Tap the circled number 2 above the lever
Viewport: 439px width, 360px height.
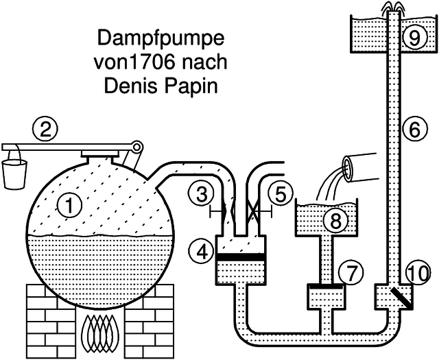click(x=46, y=129)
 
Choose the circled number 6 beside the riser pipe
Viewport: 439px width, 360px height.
click(x=412, y=128)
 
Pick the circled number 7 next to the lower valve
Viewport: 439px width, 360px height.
click(x=351, y=273)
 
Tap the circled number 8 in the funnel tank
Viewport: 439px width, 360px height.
click(x=335, y=220)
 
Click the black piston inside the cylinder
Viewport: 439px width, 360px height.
click(x=240, y=258)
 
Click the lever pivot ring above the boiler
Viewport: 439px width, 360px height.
click(x=137, y=147)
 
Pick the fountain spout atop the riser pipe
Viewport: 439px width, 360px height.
click(x=392, y=6)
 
